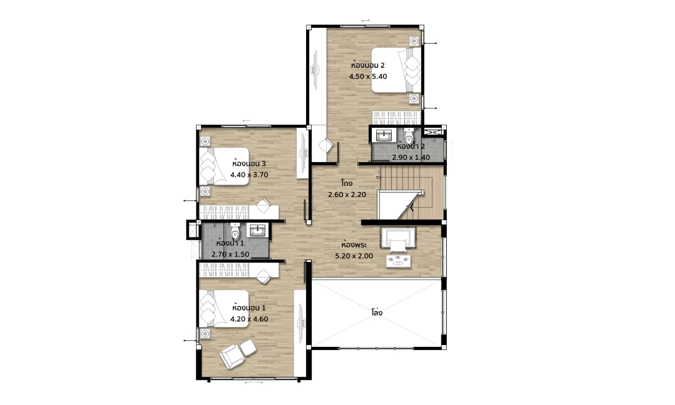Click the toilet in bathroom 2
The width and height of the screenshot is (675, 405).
(x=409, y=136)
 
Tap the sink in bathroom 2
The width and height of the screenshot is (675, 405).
(x=383, y=135)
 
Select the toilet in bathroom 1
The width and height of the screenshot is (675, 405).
(x=234, y=231)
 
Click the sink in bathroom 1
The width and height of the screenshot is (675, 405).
(x=258, y=230)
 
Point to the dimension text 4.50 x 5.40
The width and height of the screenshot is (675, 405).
(x=368, y=76)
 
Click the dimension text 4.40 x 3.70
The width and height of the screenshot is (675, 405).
(x=249, y=175)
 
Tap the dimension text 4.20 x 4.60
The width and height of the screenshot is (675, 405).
(x=249, y=319)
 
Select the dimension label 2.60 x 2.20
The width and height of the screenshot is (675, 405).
(x=347, y=195)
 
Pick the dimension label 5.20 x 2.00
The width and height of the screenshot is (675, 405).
(x=354, y=256)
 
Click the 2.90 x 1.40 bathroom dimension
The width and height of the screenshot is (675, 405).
(x=411, y=157)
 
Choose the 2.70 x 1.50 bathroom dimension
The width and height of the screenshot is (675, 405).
(x=230, y=255)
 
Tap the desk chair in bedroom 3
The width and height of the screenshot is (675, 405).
(x=263, y=205)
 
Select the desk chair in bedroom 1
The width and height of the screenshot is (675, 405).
(x=263, y=276)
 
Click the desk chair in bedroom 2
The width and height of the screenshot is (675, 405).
(x=326, y=145)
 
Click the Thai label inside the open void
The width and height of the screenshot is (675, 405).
(x=377, y=312)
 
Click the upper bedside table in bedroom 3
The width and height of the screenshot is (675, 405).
(x=205, y=141)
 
